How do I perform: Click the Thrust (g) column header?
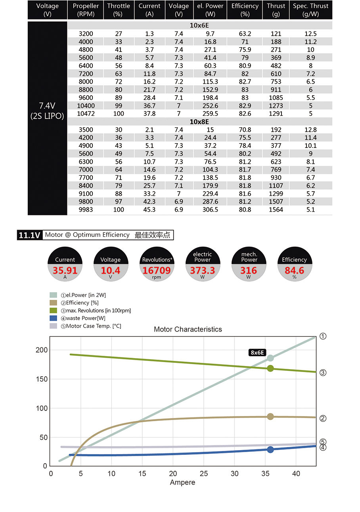pyautogui.click(x=276, y=10)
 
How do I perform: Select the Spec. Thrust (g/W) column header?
pyautogui.click(x=310, y=10)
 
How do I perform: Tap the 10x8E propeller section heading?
pyautogui.click(x=199, y=122)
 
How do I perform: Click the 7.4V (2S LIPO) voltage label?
pyautogui.click(x=47, y=111)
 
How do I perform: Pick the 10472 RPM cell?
pyautogui.click(x=86, y=114)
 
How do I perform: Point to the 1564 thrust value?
pyautogui.click(x=276, y=210)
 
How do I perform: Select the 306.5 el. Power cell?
pyautogui.click(x=210, y=210)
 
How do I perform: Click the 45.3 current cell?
pyautogui.click(x=149, y=210)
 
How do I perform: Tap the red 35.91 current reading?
pyautogui.click(x=65, y=270)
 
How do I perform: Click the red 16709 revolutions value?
pyautogui.click(x=157, y=270)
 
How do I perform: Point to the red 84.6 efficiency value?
pyautogui.click(x=294, y=270)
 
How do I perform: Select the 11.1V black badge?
pyautogui.click(x=29, y=235)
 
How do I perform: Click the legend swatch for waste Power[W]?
pyautogui.click(x=53, y=318)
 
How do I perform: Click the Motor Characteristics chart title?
pyautogui.click(x=188, y=330)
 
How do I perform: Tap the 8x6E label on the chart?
pyautogui.click(x=257, y=353)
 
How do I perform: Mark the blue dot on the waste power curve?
pyautogui.click(x=270, y=449)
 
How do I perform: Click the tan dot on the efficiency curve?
pyautogui.click(x=270, y=416)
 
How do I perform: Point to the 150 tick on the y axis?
pyautogui.click(x=42, y=379)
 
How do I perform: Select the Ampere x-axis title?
pyautogui.click(x=182, y=483)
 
